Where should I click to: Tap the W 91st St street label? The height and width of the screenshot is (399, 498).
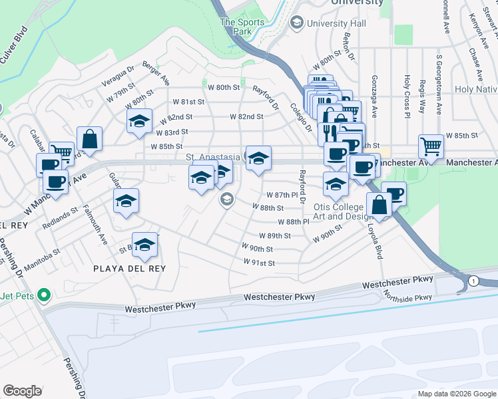(x=260, y=263)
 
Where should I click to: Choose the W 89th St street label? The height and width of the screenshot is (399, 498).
(x=276, y=235)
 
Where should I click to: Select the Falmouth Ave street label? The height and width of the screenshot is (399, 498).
(x=93, y=225)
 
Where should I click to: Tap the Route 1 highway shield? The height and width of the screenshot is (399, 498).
(x=473, y=280)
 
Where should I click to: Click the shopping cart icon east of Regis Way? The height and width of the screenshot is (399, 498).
(x=431, y=146)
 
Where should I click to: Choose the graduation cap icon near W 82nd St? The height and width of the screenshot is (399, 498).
(x=139, y=122)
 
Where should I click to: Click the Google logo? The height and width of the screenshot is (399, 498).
(x=22, y=391)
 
